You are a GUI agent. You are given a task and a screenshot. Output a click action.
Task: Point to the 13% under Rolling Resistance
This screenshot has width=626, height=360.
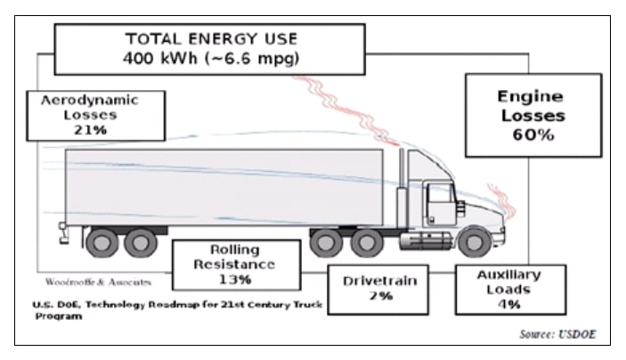(235, 279)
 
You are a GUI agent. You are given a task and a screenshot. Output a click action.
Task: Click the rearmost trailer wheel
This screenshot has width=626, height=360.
(102, 241)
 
